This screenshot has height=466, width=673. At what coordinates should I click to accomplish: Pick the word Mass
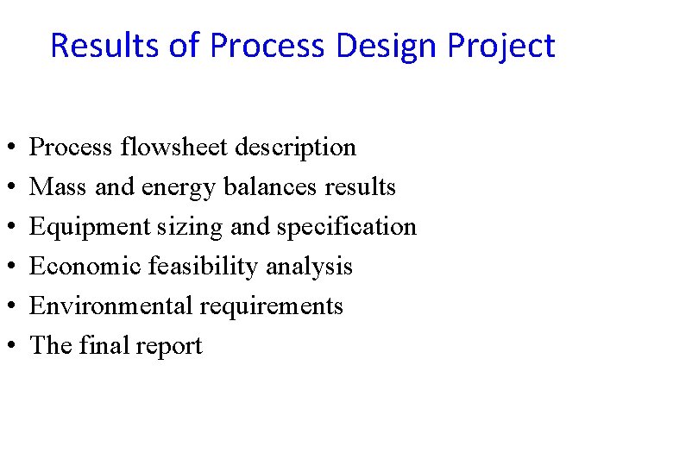point(57,187)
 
